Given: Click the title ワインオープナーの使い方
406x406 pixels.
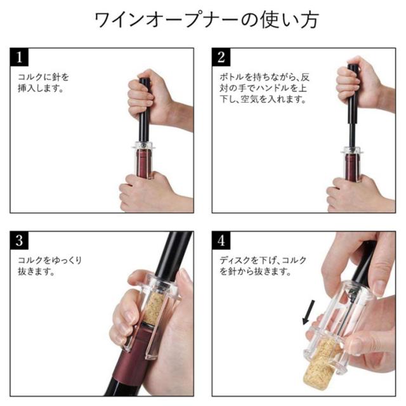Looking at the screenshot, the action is pyautogui.click(x=206, y=20).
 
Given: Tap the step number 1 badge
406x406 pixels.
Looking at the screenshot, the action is pyautogui.click(x=19, y=57).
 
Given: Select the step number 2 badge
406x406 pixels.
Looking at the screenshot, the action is pyautogui.click(x=221, y=57).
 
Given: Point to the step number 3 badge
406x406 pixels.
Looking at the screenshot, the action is pyautogui.click(x=19, y=240).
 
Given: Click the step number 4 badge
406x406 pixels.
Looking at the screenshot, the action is pyautogui.click(x=221, y=240).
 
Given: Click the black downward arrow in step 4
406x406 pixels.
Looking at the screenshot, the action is pyautogui.click(x=308, y=312).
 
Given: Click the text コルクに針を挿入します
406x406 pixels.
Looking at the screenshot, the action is pyautogui.click(x=43, y=82).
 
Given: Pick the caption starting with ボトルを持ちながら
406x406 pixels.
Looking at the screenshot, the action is pyautogui.click(x=265, y=88).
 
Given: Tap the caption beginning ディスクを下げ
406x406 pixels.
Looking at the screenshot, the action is pyautogui.click(x=263, y=266).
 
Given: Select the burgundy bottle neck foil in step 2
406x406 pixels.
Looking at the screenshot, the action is pyautogui.click(x=351, y=167).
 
